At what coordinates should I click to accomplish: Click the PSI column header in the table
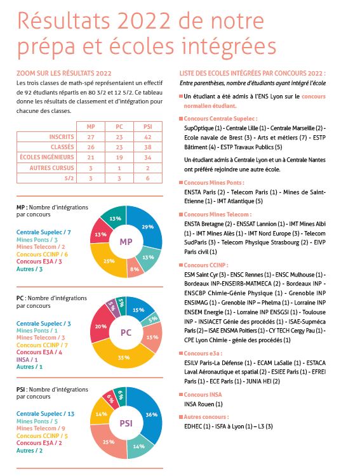(x=148, y=126)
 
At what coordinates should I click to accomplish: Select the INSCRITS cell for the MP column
(x=91, y=137)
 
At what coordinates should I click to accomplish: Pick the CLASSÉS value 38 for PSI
(x=148, y=147)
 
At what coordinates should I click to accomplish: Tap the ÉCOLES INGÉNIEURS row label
(x=47, y=157)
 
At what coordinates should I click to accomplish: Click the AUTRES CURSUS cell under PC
(x=119, y=168)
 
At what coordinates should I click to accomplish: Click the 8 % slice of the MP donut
(x=135, y=268)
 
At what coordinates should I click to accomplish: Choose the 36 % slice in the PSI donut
(x=149, y=416)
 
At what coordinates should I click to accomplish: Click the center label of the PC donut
(x=126, y=333)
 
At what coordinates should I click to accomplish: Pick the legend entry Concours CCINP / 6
(x=43, y=255)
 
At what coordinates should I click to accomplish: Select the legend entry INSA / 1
(x=27, y=360)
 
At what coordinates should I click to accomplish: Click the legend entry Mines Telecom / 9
(x=41, y=428)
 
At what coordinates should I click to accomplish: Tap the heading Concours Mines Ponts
(x=214, y=182)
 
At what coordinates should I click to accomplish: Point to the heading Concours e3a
(x=203, y=354)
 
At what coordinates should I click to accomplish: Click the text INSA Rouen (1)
(x=203, y=404)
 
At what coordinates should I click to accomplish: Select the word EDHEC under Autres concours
(x=193, y=426)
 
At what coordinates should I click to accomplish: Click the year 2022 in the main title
(x=144, y=21)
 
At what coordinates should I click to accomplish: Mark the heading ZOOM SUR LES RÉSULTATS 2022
(x=63, y=73)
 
